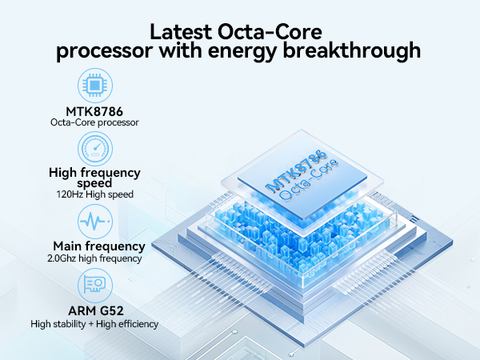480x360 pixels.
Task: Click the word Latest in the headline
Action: pyautogui.click(x=181, y=32)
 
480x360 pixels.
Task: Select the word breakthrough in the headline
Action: pyautogui.click(x=351, y=51)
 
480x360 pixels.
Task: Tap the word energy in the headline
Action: pyautogui.click(x=242, y=52)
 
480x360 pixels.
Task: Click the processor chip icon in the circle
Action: pyautogui.click(x=95, y=86)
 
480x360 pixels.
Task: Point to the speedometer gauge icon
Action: pyautogui.click(x=95, y=149)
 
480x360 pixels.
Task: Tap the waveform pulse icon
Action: pyautogui.click(x=95, y=222)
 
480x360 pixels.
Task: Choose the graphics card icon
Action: pyautogui.click(x=95, y=285)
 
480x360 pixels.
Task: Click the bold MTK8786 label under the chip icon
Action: pyautogui.click(x=94, y=111)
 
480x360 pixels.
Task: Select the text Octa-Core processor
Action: pyautogui.click(x=94, y=122)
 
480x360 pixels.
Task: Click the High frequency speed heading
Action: pyautogui.click(x=94, y=178)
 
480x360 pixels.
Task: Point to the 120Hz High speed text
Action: pyautogui.click(x=95, y=194)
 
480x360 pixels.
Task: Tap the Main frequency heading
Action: pyautogui.click(x=99, y=246)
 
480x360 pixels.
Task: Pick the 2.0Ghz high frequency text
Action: pyautogui.click(x=94, y=258)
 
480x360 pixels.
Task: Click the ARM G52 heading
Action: pyautogui.click(x=96, y=310)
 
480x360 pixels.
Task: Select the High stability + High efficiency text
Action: pyautogui.click(x=94, y=324)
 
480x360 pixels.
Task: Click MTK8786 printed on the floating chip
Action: pyautogui.click(x=296, y=170)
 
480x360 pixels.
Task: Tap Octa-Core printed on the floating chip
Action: pyautogui.click(x=309, y=181)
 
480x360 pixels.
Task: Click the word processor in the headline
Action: pyautogui.click(x=104, y=51)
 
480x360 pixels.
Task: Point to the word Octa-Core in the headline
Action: pyautogui.click(x=270, y=32)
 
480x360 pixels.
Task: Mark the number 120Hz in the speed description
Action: pyautogui.click(x=70, y=194)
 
